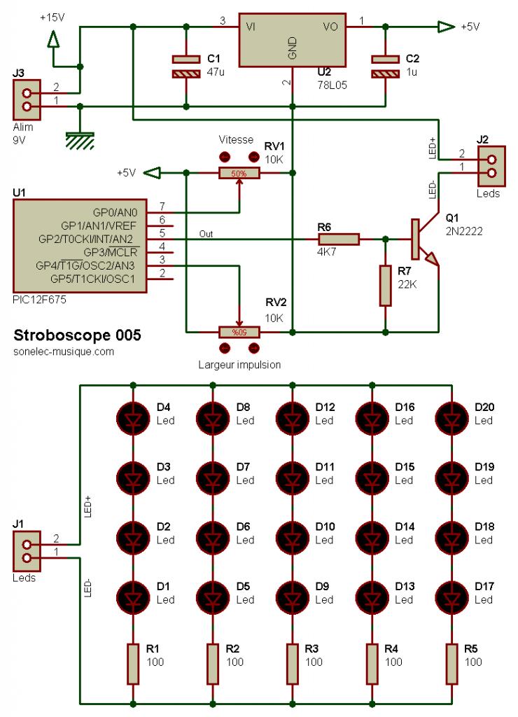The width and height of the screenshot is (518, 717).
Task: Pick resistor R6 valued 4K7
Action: (339, 239)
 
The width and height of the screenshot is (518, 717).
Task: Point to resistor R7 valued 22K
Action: (384, 286)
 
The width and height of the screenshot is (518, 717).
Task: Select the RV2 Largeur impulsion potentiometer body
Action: (239, 332)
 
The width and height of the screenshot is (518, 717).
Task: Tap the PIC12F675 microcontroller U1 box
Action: (79, 246)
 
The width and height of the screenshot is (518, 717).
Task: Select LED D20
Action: (451, 415)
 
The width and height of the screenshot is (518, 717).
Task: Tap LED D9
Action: (291, 594)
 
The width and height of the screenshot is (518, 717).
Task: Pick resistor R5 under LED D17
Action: (451, 664)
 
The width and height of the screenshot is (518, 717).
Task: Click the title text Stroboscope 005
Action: (77, 335)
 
